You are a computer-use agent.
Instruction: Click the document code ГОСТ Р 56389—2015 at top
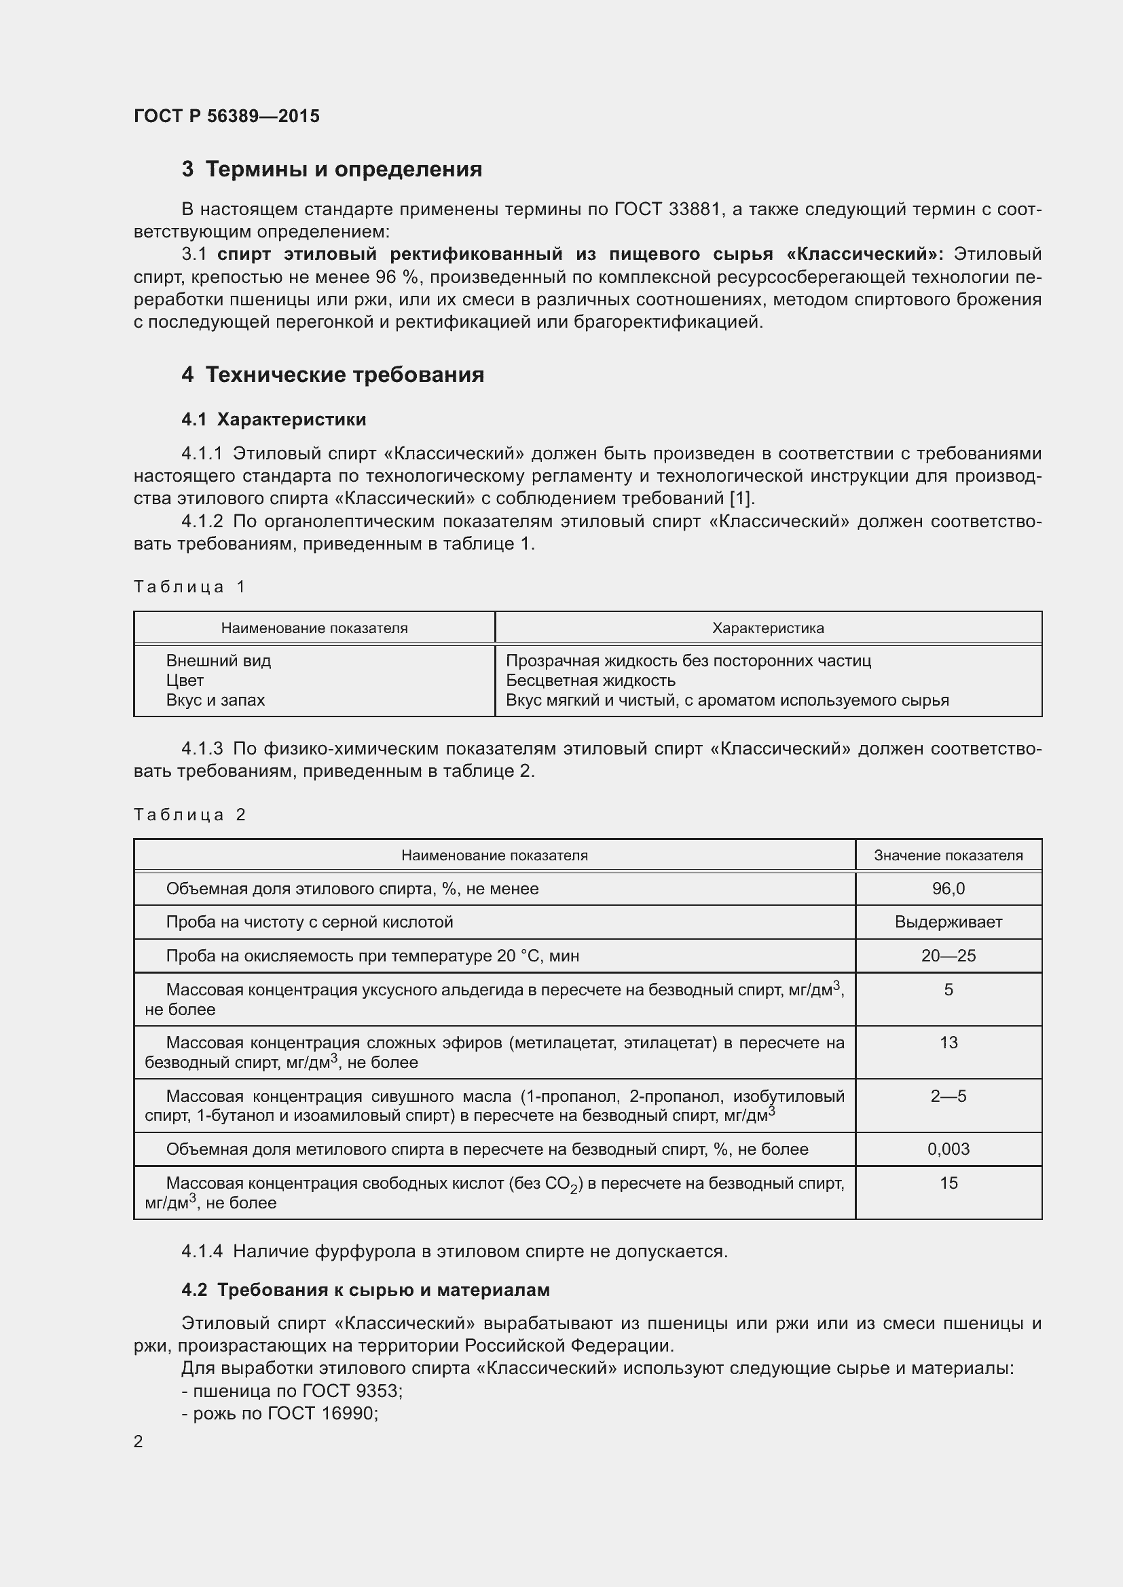[226, 116]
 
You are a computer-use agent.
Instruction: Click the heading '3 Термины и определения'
[331, 170]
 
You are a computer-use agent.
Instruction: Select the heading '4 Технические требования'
[333, 375]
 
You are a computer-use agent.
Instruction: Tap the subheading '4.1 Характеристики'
[274, 419]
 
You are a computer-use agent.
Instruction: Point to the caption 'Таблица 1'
[189, 587]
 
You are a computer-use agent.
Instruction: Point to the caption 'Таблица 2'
[189, 815]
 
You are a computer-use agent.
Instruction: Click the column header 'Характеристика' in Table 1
[768, 628]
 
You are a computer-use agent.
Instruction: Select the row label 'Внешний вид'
[219, 661]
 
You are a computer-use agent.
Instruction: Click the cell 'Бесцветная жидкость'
[591, 680]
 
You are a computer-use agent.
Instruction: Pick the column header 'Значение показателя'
[948, 856]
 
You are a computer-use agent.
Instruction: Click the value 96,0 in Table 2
[948, 889]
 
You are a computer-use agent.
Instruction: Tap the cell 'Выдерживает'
[948, 922]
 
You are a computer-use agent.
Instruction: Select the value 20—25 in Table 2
[948, 956]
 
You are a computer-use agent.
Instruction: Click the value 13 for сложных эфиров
[948, 1042]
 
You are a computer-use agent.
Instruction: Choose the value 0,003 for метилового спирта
[948, 1149]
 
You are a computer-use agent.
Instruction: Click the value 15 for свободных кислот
[948, 1183]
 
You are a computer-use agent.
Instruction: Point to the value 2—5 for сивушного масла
[948, 1096]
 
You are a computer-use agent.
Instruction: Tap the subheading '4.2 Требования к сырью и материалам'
[365, 1290]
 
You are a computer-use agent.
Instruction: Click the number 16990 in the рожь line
[348, 1413]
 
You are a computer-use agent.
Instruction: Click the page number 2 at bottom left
[139, 1441]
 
